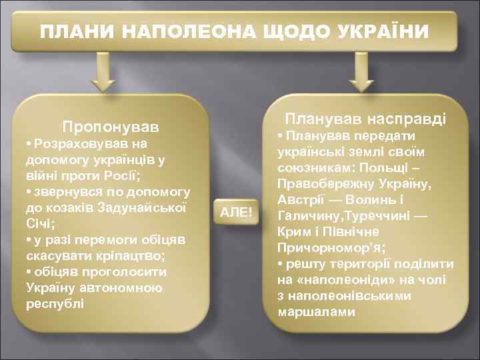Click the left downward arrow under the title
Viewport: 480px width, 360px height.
click(x=103, y=74)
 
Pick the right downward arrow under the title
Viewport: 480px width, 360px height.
click(x=362, y=74)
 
